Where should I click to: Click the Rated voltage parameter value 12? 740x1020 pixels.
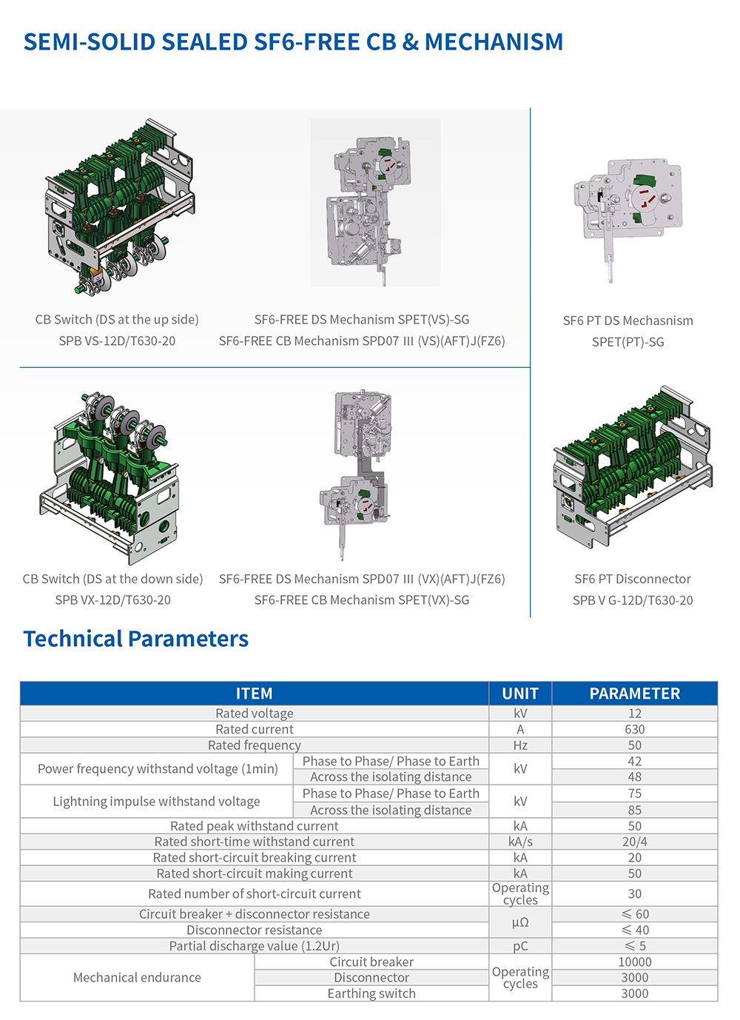click(634, 713)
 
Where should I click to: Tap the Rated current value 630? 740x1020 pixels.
click(634, 729)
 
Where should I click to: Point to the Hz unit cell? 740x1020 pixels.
click(520, 745)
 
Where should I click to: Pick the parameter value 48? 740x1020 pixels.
click(634, 776)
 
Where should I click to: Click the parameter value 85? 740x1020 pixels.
click(634, 810)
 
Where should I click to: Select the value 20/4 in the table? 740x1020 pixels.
click(634, 842)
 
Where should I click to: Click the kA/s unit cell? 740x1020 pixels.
click(520, 842)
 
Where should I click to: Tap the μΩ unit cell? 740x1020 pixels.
click(520, 922)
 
